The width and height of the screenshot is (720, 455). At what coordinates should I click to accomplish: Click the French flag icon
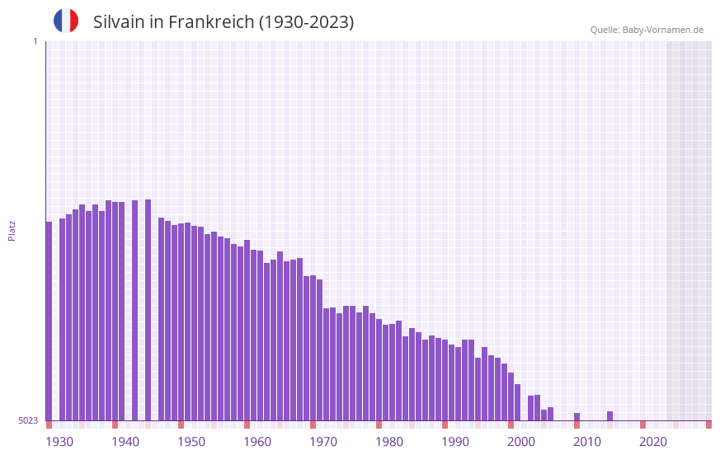click(x=66, y=21)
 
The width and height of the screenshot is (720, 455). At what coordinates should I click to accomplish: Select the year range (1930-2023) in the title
click(x=306, y=22)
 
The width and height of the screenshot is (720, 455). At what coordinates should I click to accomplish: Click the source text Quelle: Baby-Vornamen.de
click(x=647, y=30)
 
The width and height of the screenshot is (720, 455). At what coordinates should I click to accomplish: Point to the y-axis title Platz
click(x=12, y=230)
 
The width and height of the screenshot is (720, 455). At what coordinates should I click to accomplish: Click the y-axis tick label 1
click(x=35, y=41)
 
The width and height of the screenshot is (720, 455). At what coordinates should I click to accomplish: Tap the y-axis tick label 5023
click(x=28, y=420)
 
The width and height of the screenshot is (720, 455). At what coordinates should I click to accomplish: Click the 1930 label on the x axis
click(x=59, y=442)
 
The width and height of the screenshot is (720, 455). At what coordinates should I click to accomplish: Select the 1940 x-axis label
click(x=125, y=442)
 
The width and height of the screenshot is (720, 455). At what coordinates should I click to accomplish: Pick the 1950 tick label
click(x=191, y=442)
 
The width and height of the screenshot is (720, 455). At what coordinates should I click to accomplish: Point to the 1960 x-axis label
click(x=257, y=442)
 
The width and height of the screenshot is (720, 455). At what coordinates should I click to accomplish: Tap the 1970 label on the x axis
click(x=323, y=442)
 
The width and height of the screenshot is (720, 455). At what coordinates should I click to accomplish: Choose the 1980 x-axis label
click(x=389, y=442)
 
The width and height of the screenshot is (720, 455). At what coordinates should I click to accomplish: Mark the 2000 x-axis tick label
click(x=521, y=442)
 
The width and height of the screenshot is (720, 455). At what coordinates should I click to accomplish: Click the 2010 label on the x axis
click(x=587, y=442)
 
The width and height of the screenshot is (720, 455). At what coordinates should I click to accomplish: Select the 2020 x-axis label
click(x=653, y=442)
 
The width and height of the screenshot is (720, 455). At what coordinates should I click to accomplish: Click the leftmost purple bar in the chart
click(x=49, y=321)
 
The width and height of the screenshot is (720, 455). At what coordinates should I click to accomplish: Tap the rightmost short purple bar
click(x=609, y=416)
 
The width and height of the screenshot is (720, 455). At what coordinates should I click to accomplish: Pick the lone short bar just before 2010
click(x=576, y=417)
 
